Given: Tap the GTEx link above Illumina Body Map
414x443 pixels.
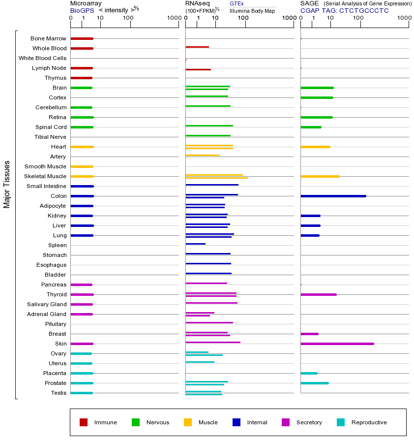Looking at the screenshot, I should [x=237, y=3].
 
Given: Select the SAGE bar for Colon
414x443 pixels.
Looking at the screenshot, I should [x=333, y=196].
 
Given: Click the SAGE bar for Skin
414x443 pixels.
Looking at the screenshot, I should [x=337, y=344].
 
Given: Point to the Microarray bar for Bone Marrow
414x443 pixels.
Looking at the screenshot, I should [x=82, y=38].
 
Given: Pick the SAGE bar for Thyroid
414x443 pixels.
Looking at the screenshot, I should [x=318, y=294].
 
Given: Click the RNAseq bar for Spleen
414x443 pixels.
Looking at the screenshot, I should [x=195, y=244].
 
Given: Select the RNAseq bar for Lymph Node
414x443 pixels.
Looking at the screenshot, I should [x=198, y=69].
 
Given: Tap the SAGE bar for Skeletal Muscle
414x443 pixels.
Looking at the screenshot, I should [x=320, y=176].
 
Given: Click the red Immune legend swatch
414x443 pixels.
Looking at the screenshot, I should [x=84, y=422].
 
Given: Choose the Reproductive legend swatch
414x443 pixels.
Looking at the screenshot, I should [x=341, y=422].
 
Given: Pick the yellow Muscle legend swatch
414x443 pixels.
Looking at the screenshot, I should [x=188, y=422].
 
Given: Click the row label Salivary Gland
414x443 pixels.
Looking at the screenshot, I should [x=47, y=304].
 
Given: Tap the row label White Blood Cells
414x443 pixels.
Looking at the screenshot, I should [x=42, y=58].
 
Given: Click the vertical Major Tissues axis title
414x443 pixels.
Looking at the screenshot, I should [x=7, y=184].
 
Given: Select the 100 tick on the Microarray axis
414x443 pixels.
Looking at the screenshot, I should [x=128, y=18].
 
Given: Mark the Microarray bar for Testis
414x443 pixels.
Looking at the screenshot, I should [x=82, y=393].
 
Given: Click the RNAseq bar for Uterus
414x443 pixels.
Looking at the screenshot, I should [x=200, y=362].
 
